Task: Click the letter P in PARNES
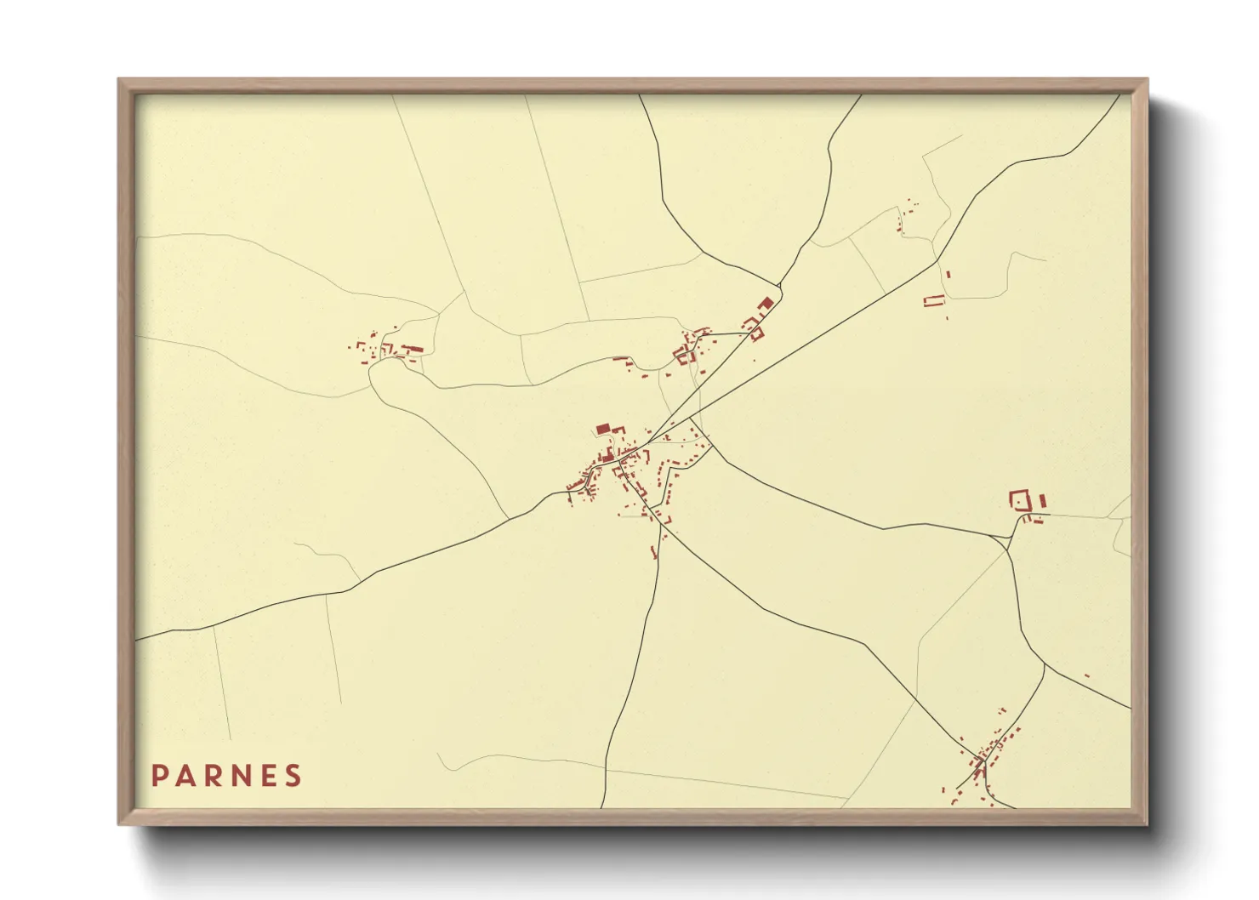159,776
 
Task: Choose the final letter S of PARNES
293,776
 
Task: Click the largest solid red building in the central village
603,430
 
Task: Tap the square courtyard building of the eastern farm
1018,499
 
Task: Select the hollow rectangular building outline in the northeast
934,300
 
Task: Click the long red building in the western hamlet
412,349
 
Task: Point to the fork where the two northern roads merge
779,286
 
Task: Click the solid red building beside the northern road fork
765,303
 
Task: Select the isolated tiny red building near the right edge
1086,675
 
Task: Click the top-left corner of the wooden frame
119,80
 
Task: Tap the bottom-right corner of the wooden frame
1147,823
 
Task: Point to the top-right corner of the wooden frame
1147,80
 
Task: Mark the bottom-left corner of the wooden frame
119,823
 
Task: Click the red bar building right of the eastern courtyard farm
1042,500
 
